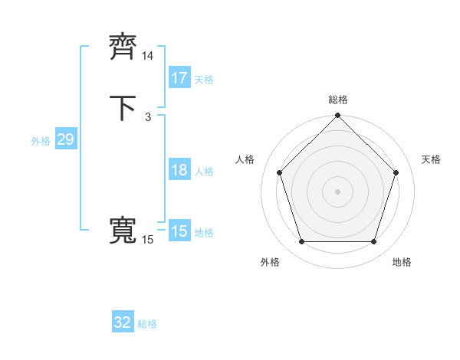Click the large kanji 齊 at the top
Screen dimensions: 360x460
[x=123, y=48]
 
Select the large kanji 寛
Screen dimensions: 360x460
[x=123, y=232]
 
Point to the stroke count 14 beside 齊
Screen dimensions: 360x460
[x=148, y=56]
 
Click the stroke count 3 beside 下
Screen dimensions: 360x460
[x=147, y=117]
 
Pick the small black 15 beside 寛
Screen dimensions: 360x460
[x=148, y=241]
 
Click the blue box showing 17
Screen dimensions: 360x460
[x=179, y=78]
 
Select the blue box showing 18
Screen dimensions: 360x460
[x=179, y=170]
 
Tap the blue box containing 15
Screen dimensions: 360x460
[x=179, y=231]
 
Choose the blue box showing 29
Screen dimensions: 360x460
[x=65, y=139]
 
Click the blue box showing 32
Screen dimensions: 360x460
[x=123, y=322]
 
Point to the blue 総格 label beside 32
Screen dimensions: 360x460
[x=148, y=324]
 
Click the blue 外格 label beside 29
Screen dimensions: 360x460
[x=41, y=141]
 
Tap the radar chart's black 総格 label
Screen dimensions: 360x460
[x=338, y=100]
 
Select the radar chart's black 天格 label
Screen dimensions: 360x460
[x=432, y=159]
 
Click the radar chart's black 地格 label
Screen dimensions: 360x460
[x=402, y=262]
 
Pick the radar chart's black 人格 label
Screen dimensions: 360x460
[x=245, y=159]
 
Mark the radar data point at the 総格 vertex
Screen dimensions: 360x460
[x=338, y=116]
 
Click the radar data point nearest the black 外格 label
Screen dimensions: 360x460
[x=301, y=242]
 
